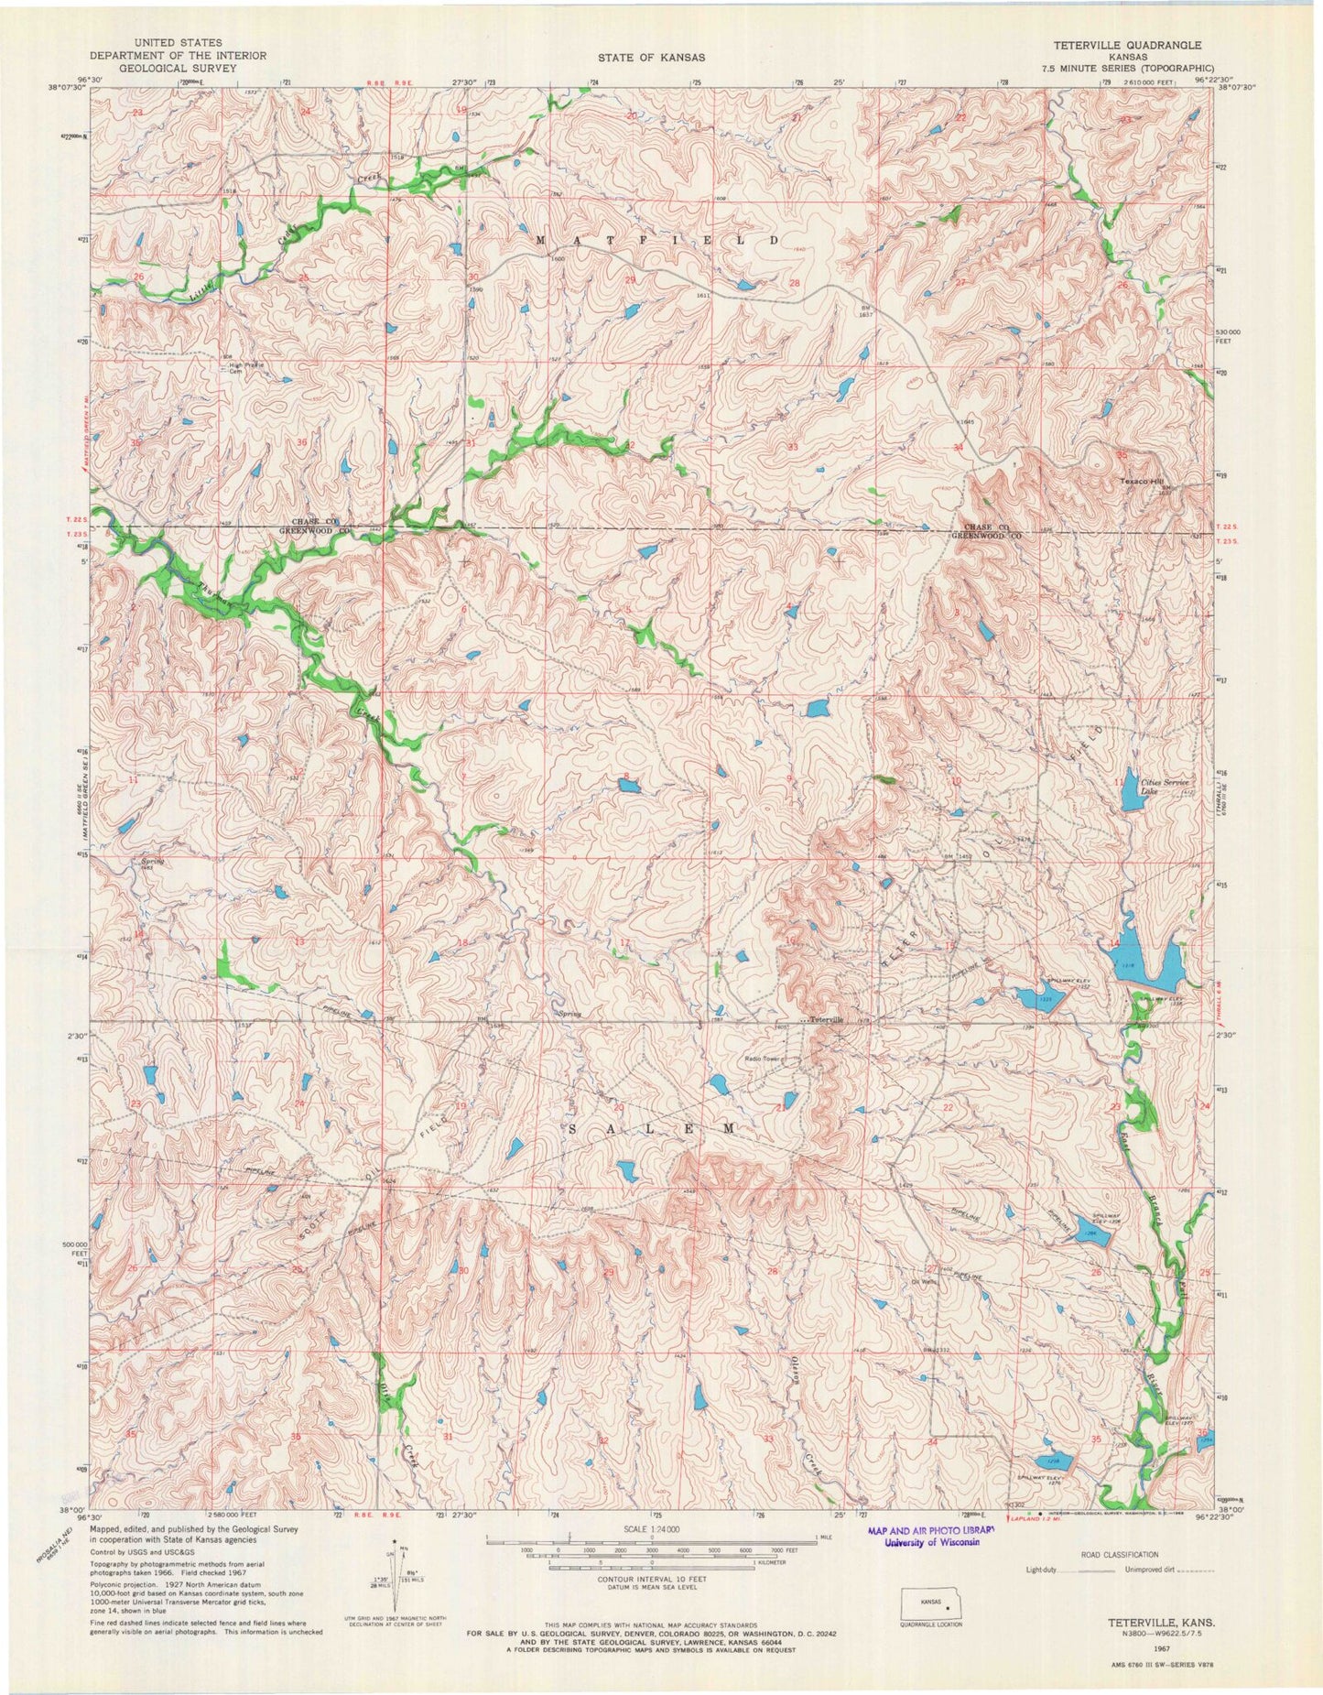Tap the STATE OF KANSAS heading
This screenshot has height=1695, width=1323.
click(x=651, y=57)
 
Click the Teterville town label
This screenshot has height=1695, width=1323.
click(x=821, y=1019)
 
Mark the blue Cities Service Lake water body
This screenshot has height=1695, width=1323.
click(x=1130, y=797)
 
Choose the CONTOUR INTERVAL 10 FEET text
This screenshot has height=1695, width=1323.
click(x=651, y=1581)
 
